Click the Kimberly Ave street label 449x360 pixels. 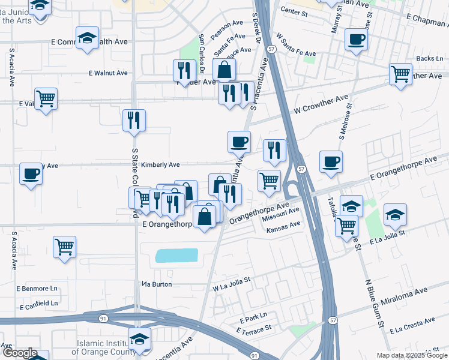coord(161,165)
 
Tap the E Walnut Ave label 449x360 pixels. coord(108,73)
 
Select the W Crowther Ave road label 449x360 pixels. coord(321,105)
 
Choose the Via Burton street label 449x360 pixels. coord(157,284)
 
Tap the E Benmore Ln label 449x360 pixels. coord(41,289)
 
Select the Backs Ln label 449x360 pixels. coord(429,58)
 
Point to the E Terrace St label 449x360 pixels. coord(254,330)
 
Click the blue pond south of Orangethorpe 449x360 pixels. coord(176,256)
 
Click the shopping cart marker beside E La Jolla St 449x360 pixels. coord(346,226)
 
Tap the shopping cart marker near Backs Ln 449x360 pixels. coord(400,74)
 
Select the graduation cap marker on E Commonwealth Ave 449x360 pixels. coord(88,37)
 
